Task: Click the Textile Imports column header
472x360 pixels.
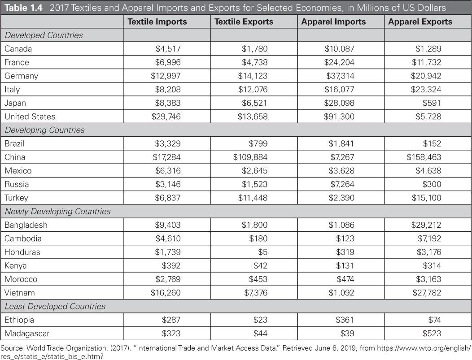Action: coord(157,22)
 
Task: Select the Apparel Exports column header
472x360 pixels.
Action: coord(420,22)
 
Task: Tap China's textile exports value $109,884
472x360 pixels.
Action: coord(250,157)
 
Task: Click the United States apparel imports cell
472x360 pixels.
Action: coord(339,117)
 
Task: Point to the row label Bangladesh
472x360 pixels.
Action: coord(26,225)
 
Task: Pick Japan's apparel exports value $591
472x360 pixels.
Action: coord(432,103)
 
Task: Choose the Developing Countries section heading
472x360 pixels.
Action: coord(44,130)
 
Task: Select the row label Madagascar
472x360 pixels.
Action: coord(27,333)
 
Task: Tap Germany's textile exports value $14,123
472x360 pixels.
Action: coord(253,76)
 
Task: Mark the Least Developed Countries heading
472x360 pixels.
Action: coord(55,306)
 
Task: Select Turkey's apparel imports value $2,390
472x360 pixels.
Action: coord(341,198)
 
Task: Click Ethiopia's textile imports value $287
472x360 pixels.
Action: coord(171,320)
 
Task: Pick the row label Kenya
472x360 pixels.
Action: coord(15,265)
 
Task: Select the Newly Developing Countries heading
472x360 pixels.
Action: coord(57,211)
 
